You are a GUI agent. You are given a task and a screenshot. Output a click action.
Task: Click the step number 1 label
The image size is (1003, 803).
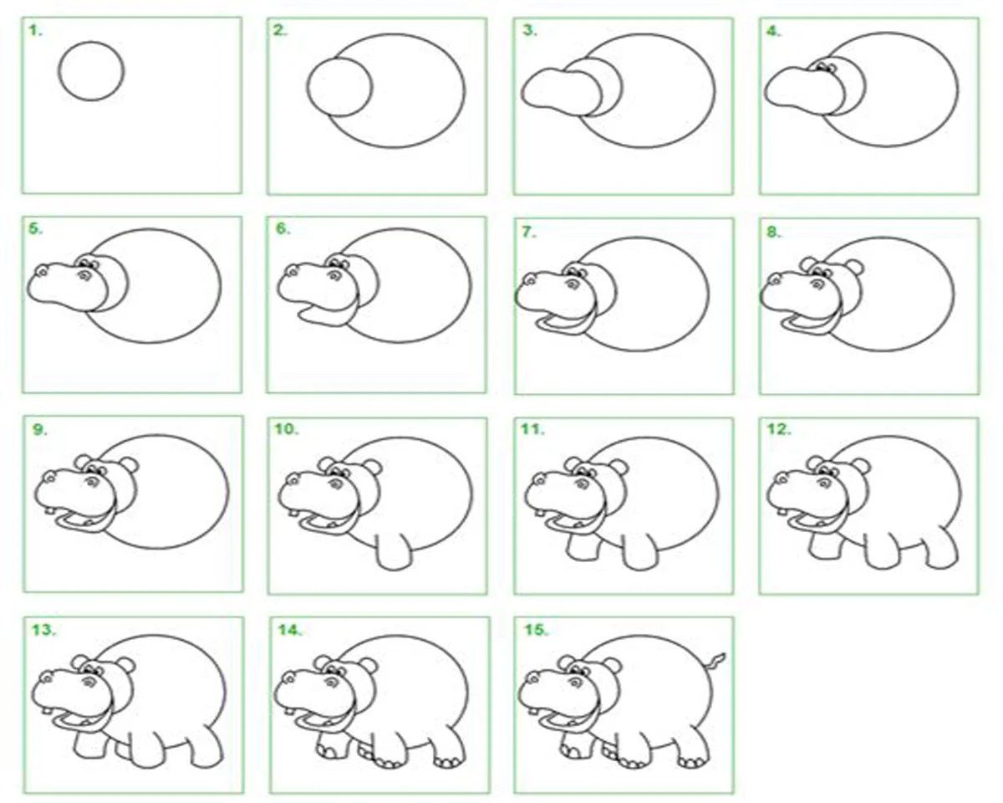pos(35,31)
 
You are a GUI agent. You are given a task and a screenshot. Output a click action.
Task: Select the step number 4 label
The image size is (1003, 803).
pos(774,32)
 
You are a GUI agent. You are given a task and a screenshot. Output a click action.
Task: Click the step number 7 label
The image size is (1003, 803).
pos(528,232)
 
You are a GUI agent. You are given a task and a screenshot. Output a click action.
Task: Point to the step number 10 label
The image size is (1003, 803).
pos(286,429)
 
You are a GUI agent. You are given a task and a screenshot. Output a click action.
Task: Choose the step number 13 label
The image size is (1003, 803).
pos(43,631)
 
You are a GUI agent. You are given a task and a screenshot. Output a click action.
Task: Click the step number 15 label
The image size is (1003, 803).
pos(536,631)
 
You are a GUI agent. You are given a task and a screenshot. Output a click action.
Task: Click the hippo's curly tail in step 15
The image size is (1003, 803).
pos(717,663)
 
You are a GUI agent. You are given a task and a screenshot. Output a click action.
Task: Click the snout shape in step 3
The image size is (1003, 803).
pos(561,92)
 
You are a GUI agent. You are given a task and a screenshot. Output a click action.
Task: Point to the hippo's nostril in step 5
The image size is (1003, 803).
pos(43,271)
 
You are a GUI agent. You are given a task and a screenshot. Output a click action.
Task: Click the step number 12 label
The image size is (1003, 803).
pos(779,429)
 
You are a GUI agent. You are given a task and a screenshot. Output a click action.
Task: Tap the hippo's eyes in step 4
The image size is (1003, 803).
pos(826,68)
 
